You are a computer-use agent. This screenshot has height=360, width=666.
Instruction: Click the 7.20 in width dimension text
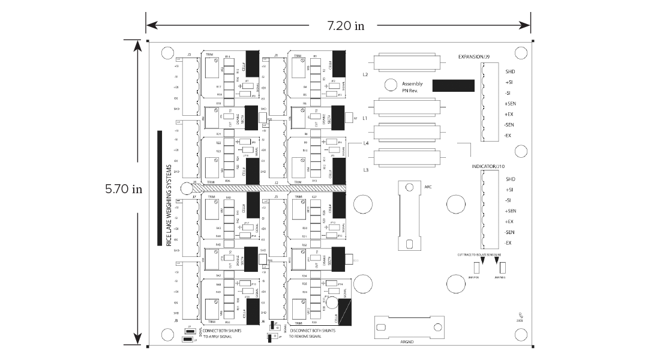[x=345, y=26]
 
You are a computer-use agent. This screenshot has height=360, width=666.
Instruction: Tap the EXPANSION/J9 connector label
[x=473, y=57]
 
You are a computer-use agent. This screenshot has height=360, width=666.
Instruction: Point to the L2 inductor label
[x=365, y=75]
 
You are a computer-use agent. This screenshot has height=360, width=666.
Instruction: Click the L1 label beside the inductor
[x=365, y=119]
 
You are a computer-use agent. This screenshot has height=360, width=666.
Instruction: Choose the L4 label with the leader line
[x=367, y=143]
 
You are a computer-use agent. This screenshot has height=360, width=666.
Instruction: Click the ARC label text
[x=428, y=187]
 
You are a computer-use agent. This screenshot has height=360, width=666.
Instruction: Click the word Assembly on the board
[x=412, y=83]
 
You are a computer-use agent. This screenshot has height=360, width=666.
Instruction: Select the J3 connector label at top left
[x=189, y=55]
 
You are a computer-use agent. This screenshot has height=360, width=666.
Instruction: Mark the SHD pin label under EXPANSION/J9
[x=511, y=71]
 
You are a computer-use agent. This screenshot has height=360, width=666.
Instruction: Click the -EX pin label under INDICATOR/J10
[x=508, y=242]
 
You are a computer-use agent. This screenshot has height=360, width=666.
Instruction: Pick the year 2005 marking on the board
[x=520, y=321]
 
